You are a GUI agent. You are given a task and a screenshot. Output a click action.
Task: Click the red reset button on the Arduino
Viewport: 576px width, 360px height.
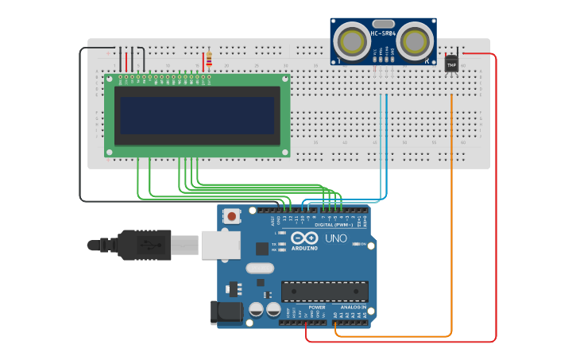(x=232, y=215)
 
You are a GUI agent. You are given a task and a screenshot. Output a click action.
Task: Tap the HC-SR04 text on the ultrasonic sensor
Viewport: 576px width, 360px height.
(x=383, y=33)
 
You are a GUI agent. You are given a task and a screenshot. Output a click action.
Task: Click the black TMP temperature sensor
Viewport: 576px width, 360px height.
(x=451, y=64)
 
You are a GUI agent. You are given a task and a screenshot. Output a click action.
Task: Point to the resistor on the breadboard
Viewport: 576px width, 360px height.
(x=209, y=60)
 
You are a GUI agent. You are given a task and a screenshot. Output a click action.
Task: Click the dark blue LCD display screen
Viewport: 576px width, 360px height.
(x=197, y=115)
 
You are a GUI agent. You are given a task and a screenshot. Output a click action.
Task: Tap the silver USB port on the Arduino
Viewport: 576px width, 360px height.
(x=220, y=245)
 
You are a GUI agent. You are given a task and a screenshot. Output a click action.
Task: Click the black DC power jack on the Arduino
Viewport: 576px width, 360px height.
(x=226, y=312)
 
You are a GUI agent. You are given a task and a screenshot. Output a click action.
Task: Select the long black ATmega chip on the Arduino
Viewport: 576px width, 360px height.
(x=324, y=292)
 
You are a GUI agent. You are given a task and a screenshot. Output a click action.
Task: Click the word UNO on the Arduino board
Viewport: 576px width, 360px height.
(x=335, y=238)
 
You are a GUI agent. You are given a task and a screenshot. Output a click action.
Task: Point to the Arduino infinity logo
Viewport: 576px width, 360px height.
(x=304, y=238)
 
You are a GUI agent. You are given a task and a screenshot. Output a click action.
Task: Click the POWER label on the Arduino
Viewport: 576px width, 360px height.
(x=317, y=307)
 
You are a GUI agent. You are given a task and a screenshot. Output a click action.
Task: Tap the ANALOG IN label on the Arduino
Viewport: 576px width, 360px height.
(x=354, y=307)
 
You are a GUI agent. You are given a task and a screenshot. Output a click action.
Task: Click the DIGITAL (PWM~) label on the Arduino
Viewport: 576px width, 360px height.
(x=334, y=225)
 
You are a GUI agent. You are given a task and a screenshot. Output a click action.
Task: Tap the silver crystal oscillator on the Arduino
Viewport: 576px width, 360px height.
(x=260, y=268)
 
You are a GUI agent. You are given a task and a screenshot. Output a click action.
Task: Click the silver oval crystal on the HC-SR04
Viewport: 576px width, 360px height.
(x=383, y=24)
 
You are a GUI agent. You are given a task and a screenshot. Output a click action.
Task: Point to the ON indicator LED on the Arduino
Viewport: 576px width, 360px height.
(x=355, y=244)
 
